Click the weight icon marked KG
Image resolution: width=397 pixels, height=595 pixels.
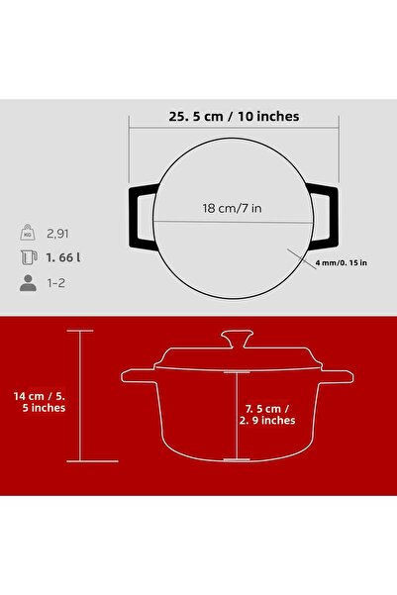[x=27, y=234]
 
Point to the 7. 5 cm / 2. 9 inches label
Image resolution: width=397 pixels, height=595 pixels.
[x=266, y=412]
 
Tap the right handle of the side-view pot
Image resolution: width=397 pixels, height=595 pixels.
[x=336, y=376]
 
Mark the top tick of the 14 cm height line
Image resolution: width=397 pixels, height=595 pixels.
[x=79, y=331]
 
